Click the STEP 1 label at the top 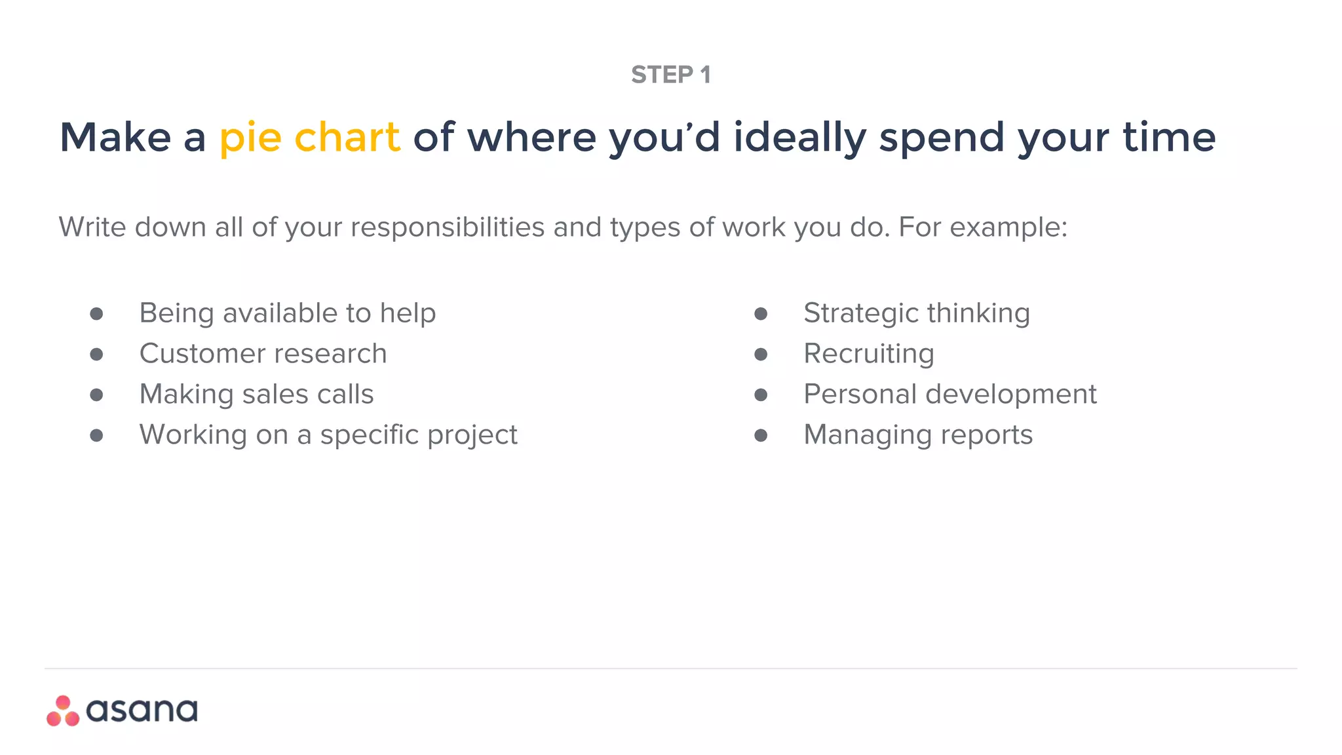coord(670,75)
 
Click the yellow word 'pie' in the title coord(250,138)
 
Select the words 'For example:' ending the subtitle coord(983,227)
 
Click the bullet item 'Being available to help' coord(287,313)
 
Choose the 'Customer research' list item coord(263,354)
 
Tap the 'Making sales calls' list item coord(256,395)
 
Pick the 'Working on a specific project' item coord(328,435)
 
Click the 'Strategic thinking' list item coord(916,313)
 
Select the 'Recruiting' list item coord(868,354)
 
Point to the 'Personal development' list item coord(949,395)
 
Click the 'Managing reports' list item coord(917,435)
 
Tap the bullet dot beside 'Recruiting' coord(760,355)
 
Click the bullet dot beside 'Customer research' coord(96,355)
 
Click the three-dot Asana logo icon coord(63,711)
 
